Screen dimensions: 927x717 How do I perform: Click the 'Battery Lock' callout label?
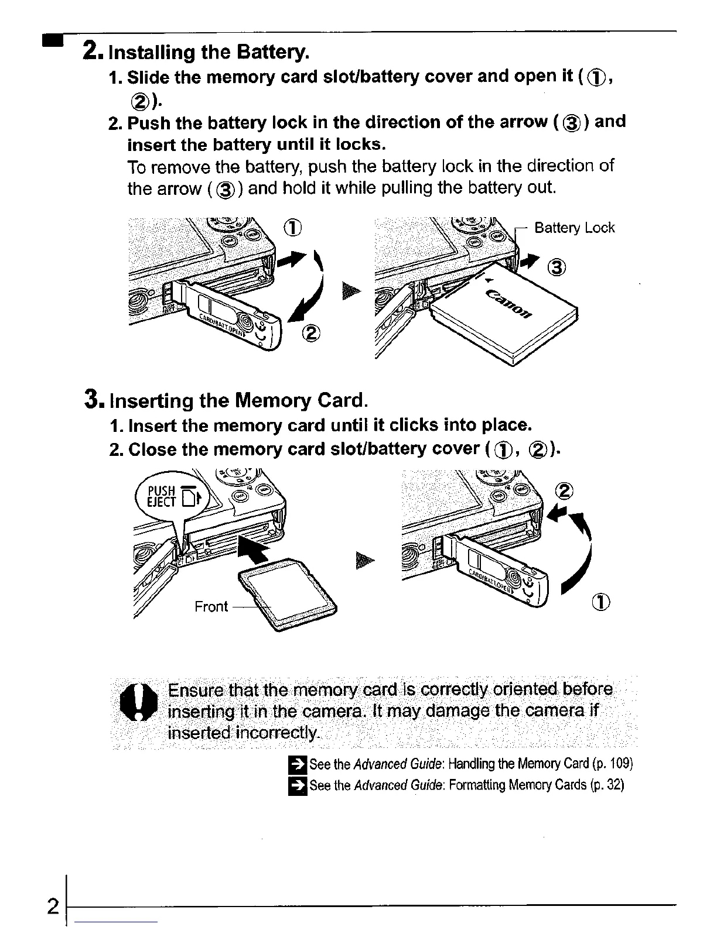[574, 228]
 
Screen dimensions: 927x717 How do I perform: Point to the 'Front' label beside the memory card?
[211, 606]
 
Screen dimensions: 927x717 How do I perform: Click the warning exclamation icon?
[139, 703]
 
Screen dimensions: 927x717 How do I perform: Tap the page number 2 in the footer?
[53, 907]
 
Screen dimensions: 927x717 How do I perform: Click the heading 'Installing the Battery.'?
[209, 53]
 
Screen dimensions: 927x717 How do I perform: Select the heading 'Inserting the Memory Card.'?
[239, 401]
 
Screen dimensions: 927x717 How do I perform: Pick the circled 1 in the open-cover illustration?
[293, 228]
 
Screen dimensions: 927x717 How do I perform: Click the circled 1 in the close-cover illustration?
[603, 602]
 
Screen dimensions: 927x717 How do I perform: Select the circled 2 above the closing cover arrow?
[565, 490]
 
